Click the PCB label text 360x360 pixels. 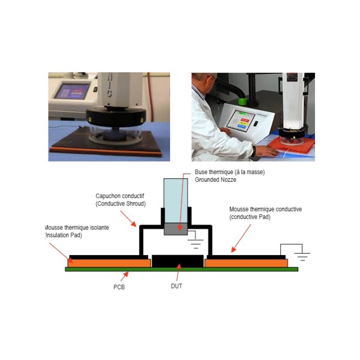click(x=119, y=287)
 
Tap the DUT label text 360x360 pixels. click(x=176, y=286)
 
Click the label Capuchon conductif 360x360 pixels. click(x=120, y=196)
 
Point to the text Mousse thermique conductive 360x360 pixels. click(x=265, y=209)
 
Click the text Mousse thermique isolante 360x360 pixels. click(x=77, y=228)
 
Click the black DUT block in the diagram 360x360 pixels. click(x=178, y=261)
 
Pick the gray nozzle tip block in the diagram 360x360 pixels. click(x=176, y=229)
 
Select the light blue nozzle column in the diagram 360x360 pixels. click(x=176, y=201)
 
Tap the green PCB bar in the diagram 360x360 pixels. click(x=182, y=269)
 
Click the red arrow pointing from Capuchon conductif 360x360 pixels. click(x=128, y=219)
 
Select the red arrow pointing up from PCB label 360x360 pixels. click(x=125, y=276)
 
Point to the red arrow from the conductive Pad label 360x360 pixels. click(x=241, y=238)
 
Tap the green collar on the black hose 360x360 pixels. click(x=243, y=101)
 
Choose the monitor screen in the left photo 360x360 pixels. click(x=72, y=91)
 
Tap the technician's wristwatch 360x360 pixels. click(x=254, y=151)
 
